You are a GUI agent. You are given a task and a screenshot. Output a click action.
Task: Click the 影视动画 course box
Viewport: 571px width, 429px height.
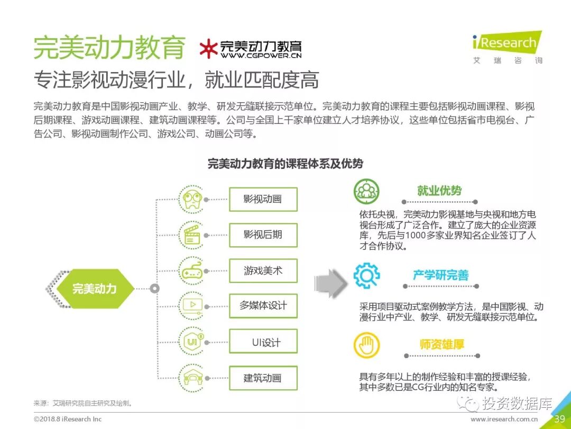click(x=263, y=199)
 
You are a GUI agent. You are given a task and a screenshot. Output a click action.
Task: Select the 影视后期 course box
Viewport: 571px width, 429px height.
click(x=263, y=235)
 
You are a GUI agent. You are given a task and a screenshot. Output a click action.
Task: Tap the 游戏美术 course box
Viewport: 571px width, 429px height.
click(x=263, y=271)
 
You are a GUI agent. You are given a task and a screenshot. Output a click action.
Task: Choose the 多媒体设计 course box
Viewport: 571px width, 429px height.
click(x=263, y=306)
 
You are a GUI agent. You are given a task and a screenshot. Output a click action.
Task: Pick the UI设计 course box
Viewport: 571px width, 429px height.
click(x=263, y=342)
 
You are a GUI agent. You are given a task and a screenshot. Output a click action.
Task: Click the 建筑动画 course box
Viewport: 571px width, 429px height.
click(x=263, y=378)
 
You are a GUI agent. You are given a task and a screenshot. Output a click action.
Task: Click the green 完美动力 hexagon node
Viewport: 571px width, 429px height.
click(x=94, y=289)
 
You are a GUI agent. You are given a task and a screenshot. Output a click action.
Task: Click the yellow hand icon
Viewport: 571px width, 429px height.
click(x=366, y=345)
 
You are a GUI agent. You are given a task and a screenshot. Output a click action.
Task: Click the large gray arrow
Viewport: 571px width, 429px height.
click(x=330, y=284)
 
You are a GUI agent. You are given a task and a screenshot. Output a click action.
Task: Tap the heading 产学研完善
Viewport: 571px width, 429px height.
click(x=440, y=275)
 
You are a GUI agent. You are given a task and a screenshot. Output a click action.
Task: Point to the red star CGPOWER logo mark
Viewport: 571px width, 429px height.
click(x=208, y=49)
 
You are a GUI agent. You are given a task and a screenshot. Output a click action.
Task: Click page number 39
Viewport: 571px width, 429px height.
click(x=559, y=419)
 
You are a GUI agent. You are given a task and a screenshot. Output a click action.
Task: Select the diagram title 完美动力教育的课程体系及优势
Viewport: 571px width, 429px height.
click(x=285, y=164)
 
